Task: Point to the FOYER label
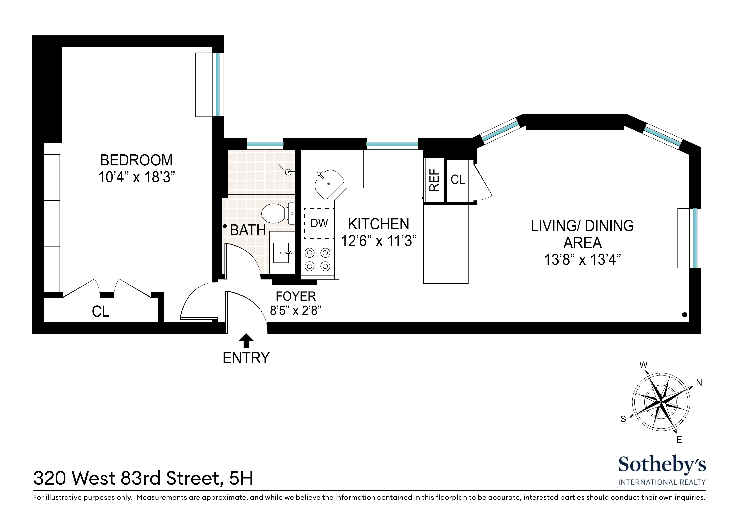296,296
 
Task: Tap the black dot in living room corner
685,315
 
